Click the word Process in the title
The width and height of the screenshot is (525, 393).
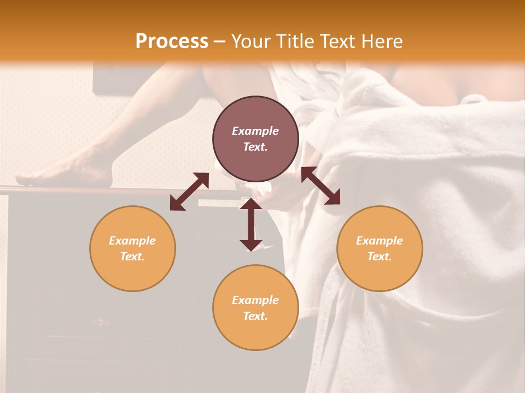[172, 41]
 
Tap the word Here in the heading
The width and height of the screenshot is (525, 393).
[381, 41]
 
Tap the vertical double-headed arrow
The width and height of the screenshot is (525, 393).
[251, 224]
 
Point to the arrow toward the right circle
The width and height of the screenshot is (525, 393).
[321, 186]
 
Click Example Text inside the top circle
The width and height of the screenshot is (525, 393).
[255, 139]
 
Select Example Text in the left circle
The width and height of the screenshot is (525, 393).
[132, 248]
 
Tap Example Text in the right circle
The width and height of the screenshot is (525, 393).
[380, 248]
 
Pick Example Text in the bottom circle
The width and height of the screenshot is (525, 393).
[255, 308]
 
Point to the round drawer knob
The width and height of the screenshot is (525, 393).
[99, 322]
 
